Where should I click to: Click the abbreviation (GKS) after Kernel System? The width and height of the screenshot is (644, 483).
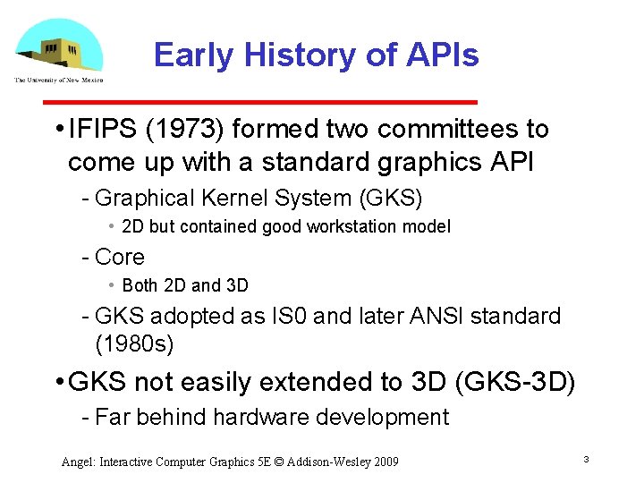click(389, 197)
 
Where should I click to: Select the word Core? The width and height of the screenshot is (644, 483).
click(119, 257)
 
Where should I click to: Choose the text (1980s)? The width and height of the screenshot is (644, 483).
click(134, 343)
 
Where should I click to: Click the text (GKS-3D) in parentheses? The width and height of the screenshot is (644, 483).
click(515, 382)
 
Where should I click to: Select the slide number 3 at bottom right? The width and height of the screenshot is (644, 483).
click(585, 459)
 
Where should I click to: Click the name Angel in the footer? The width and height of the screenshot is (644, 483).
click(77, 462)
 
